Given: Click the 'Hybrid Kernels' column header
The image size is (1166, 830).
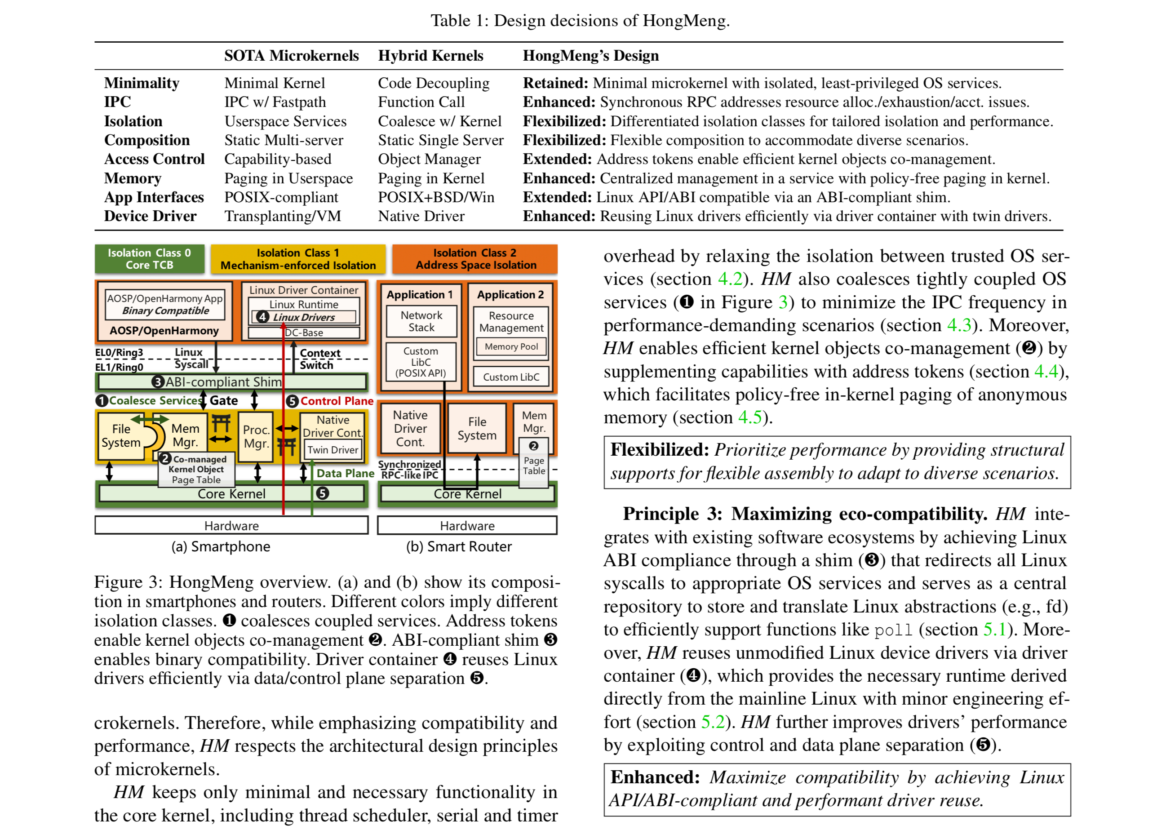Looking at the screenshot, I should [x=430, y=56].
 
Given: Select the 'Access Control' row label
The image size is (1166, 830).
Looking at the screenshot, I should [x=154, y=159].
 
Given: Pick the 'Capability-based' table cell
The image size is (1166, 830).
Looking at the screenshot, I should [x=277, y=159].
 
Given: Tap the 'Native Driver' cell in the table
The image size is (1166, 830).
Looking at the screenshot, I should [x=421, y=216].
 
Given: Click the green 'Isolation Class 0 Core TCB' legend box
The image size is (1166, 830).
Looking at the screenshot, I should [x=149, y=258].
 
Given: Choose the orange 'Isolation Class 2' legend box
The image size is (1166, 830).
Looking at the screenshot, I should [x=474, y=258].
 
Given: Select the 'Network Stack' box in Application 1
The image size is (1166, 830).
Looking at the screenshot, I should [x=421, y=321].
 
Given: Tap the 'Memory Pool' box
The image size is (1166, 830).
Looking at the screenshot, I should [x=511, y=346].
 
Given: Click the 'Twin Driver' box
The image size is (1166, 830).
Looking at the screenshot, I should [x=333, y=450].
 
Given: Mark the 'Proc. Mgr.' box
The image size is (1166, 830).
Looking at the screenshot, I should [x=256, y=436].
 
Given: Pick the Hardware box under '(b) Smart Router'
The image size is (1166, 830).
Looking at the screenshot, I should [x=467, y=525].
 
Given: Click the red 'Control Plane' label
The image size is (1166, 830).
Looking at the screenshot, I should [x=337, y=401].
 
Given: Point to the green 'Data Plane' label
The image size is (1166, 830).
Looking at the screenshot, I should [x=345, y=473].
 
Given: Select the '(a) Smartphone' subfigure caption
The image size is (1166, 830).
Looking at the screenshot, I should [x=221, y=546].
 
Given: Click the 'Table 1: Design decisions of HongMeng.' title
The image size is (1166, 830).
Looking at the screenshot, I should [x=580, y=20].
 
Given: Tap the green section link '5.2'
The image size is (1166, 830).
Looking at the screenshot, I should [x=713, y=722].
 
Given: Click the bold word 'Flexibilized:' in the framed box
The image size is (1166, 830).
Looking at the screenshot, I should [x=660, y=450].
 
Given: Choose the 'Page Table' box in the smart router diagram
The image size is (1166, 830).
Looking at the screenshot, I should [x=534, y=466].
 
